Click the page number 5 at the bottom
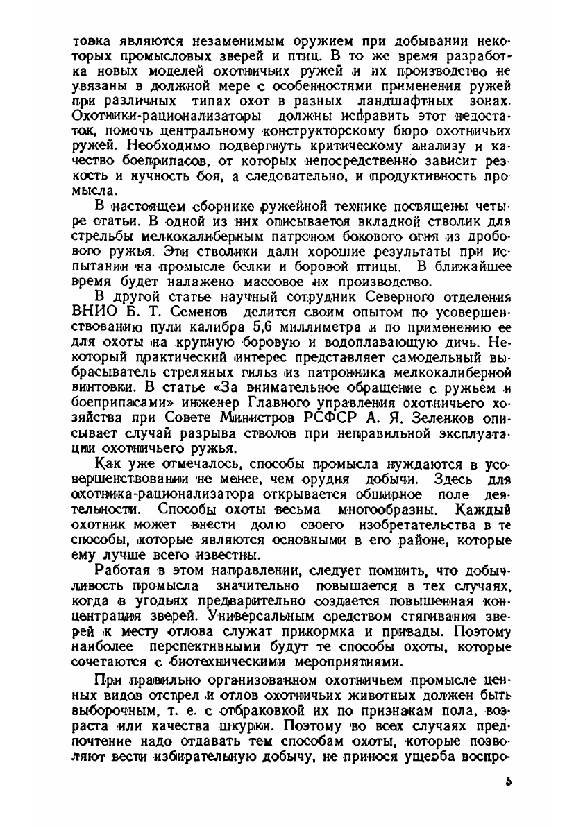tap(509, 781)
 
